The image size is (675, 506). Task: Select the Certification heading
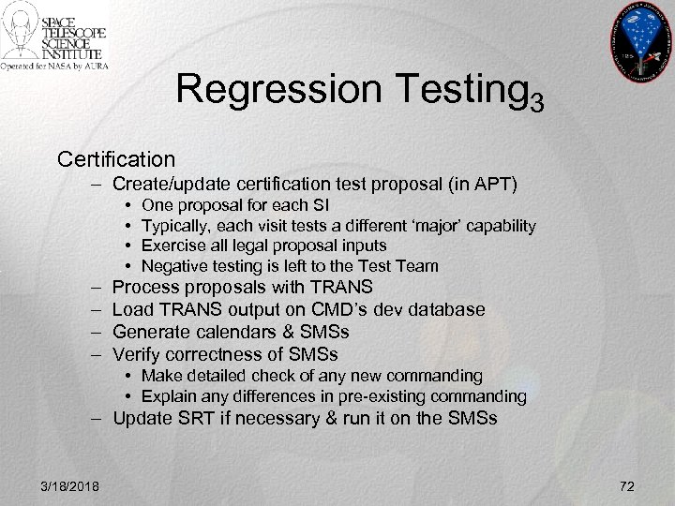pos(116,156)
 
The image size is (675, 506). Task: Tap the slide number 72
pos(628,484)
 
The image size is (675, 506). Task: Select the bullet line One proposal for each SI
pos(235,205)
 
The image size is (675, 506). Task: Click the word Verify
pos(137,354)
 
